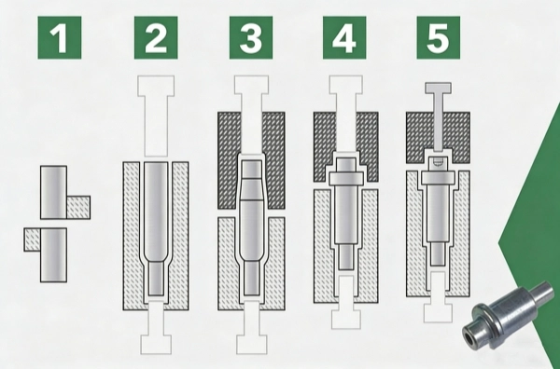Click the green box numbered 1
point(60,37)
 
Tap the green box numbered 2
point(156,37)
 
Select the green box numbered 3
point(251,37)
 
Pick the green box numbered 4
point(344,37)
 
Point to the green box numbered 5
point(439,37)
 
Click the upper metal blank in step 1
point(53,192)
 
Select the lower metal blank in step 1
point(53,255)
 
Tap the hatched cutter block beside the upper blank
point(78,207)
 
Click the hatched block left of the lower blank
point(32,239)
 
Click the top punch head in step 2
point(156,86)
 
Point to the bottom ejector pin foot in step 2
point(156,344)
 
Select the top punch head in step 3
point(251,85)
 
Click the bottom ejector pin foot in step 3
point(251,344)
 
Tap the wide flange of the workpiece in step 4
point(346,179)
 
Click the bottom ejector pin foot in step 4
point(345,320)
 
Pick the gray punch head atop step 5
point(438,89)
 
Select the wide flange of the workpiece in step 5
point(438,178)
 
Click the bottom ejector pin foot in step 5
point(438,313)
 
